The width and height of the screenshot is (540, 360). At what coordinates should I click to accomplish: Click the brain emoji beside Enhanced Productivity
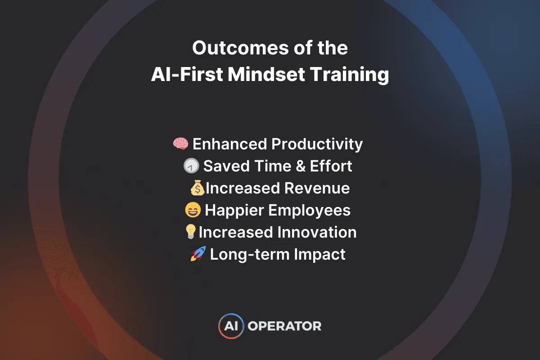(181, 144)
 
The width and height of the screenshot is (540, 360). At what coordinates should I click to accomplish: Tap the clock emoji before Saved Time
(191, 166)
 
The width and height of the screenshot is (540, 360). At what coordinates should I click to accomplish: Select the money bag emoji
(197, 188)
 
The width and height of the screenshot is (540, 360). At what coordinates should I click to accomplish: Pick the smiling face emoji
(193, 210)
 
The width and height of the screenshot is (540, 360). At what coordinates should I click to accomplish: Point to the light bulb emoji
(191, 232)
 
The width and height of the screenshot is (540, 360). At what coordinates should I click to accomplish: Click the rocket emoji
(198, 254)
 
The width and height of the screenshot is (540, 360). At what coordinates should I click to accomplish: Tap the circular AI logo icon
(231, 326)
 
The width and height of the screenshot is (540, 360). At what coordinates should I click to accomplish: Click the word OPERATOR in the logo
(285, 326)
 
